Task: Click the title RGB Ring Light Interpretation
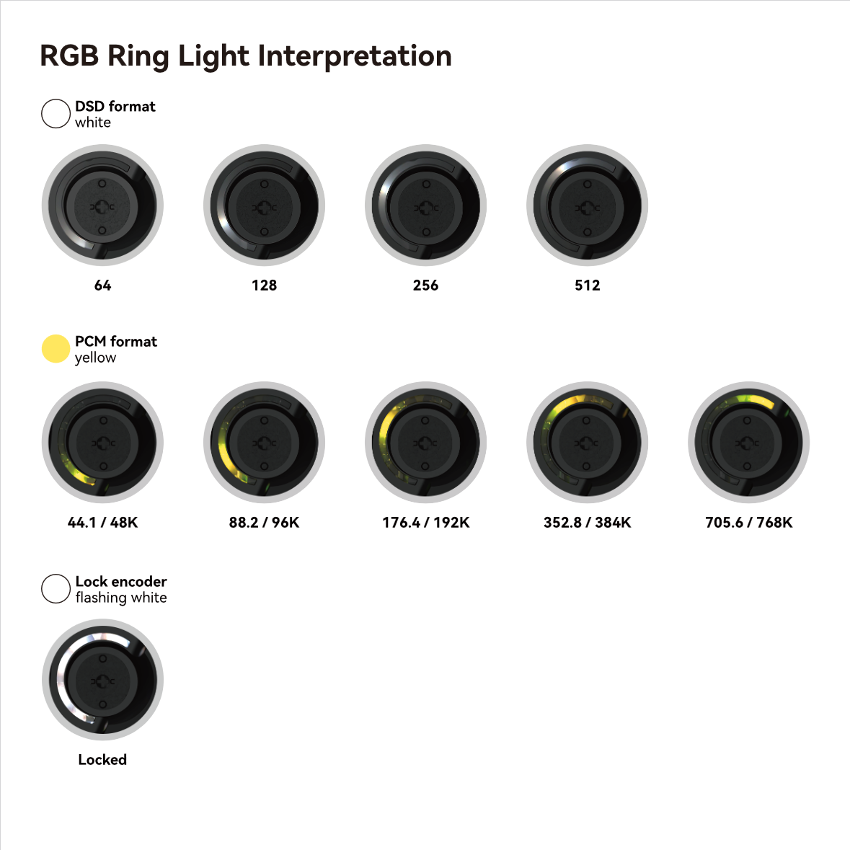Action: point(245,56)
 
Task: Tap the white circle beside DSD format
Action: point(56,114)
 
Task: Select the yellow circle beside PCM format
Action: point(56,349)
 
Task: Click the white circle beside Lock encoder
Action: point(56,589)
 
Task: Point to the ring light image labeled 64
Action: point(102,205)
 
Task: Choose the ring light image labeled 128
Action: point(264,205)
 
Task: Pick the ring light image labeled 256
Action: point(425,205)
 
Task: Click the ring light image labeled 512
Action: point(587,205)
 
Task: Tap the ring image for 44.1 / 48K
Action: point(102,442)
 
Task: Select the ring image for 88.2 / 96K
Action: point(264,442)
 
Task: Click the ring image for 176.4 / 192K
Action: point(425,442)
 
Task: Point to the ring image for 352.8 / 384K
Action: point(587,442)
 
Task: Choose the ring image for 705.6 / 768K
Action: point(748,442)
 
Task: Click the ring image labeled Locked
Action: point(102,679)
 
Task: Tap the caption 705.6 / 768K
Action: point(748,523)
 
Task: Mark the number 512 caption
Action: point(587,285)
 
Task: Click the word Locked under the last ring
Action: point(102,760)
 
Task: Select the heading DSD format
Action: point(115,107)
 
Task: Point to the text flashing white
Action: point(121,598)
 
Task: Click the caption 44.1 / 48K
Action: point(102,523)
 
